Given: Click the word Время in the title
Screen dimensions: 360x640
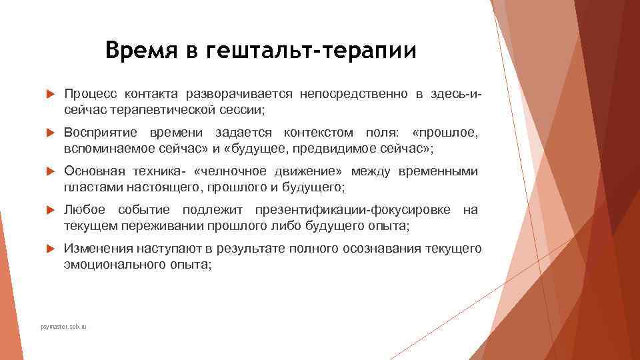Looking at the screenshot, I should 139,51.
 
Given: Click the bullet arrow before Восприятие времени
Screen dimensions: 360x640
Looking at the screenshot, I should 49,133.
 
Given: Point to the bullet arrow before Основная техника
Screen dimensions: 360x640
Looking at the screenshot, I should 49,172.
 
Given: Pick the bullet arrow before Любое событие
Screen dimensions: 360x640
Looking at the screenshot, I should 49,211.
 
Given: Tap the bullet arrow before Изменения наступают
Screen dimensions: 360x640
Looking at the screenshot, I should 49,249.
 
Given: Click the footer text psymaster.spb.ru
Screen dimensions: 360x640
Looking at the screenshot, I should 64,327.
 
